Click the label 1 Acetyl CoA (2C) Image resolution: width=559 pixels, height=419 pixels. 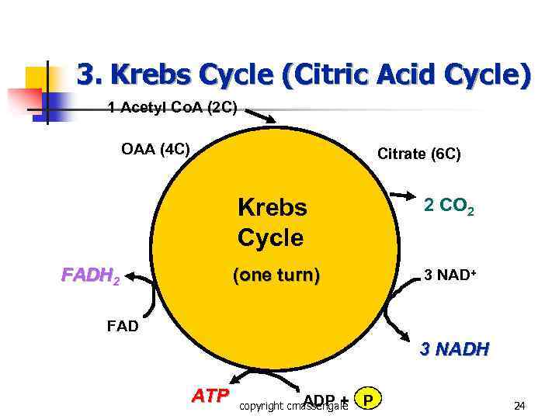click(x=172, y=107)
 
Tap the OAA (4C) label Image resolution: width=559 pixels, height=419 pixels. click(x=155, y=148)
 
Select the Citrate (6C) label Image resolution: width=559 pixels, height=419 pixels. click(x=418, y=154)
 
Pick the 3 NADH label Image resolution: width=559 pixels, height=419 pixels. click(x=454, y=349)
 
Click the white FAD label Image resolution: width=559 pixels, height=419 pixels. click(x=122, y=326)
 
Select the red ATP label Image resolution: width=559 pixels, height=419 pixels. click(x=210, y=396)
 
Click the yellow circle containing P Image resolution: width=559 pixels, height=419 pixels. click(x=368, y=400)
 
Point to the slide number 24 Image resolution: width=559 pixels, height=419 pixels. click(x=519, y=404)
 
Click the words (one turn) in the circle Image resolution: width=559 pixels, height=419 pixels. click(x=276, y=275)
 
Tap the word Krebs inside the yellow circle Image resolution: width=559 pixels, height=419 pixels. click(x=272, y=208)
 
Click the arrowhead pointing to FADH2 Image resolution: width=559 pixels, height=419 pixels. click(x=130, y=274)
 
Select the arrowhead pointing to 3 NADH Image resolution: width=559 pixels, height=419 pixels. click(x=407, y=334)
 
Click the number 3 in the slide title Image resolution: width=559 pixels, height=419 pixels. click(x=85, y=75)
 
